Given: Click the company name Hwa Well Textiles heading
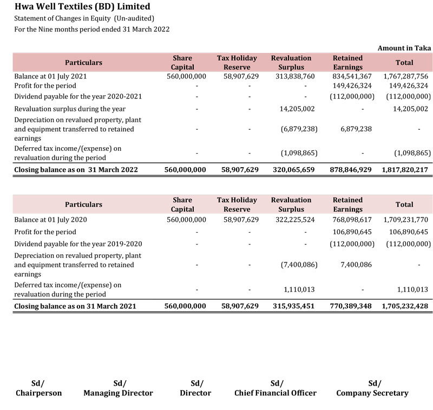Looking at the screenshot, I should tap(82, 7).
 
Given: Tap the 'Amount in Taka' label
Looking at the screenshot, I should tap(404, 48).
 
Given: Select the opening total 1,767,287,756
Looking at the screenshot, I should tap(405, 76).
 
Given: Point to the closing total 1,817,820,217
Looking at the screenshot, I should tap(405, 169).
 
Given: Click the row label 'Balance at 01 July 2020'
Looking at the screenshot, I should tap(50, 220).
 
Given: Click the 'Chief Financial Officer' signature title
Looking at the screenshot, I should tap(275, 393).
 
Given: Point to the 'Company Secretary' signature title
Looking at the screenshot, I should tap(372, 393).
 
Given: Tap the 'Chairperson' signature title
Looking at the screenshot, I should tap(38, 393).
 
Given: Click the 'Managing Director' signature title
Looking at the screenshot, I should tap(118, 393).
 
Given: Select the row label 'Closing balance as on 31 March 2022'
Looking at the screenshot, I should tap(76, 169).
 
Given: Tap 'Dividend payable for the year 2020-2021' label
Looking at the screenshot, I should tap(78, 96).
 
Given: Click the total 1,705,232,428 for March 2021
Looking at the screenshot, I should tap(405, 306).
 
